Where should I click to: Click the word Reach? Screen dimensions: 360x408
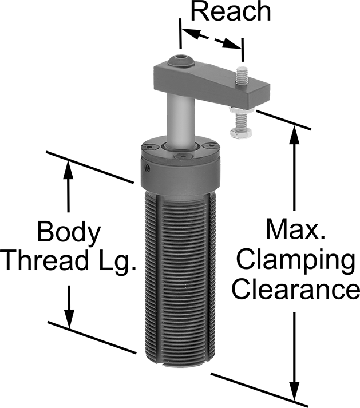tap(231, 11)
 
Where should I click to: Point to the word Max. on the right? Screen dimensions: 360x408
tap(295, 229)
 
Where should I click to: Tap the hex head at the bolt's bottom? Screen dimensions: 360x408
tap(241, 133)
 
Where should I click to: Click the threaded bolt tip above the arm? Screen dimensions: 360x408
tap(242, 76)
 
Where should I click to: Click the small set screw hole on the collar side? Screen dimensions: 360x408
tap(148, 167)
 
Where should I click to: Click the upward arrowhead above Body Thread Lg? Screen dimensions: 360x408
tap(69, 170)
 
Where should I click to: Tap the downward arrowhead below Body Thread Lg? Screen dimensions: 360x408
tap(69, 318)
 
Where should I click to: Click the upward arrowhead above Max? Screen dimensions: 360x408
tap(294, 134)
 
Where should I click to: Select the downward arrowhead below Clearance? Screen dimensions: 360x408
tap(295, 391)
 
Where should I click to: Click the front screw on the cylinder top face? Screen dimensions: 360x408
tap(184, 157)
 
